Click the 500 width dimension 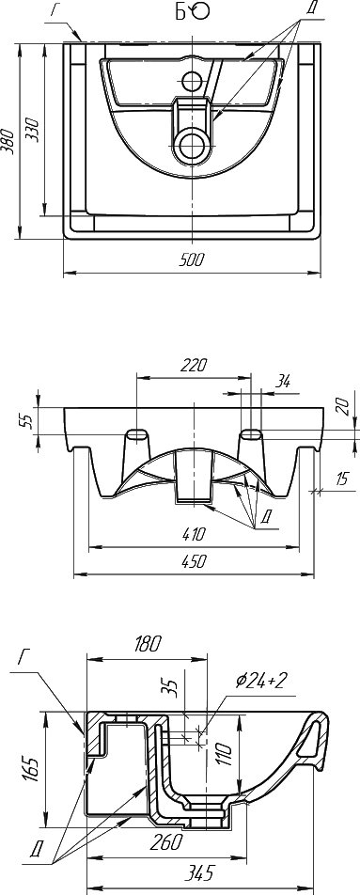(x=191, y=260)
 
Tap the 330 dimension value (x=33, y=130)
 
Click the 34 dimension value (x=282, y=382)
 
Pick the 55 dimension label (x=25, y=420)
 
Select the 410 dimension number (x=194, y=535)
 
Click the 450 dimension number (x=194, y=561)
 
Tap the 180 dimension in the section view (x=148, y=643)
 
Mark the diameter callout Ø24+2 (x=260, y=680)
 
